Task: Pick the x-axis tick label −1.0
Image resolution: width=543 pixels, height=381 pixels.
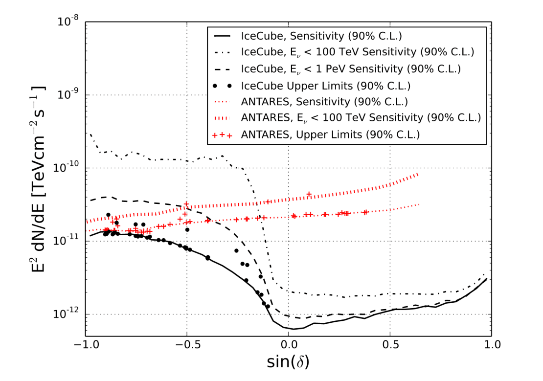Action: coord(86,344)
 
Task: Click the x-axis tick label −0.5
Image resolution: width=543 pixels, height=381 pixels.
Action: coord(186,344)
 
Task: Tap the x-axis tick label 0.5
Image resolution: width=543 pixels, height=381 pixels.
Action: coord(390,344)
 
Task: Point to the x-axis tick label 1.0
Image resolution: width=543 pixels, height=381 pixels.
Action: coord(491,344)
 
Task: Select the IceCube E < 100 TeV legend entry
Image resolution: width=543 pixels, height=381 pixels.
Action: coord(358,52)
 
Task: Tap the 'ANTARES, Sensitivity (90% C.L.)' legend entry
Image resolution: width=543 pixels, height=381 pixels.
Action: coord(323,102)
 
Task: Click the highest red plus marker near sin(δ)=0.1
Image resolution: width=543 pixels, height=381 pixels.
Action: coord(309,194)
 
